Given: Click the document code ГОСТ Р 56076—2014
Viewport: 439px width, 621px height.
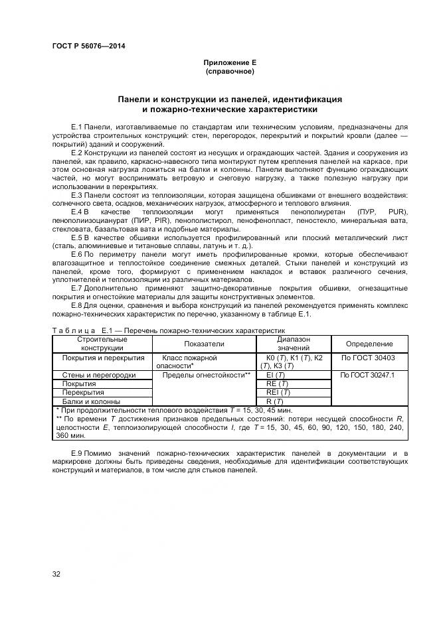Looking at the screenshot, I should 88,46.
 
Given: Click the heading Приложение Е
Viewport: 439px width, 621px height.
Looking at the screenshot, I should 230,62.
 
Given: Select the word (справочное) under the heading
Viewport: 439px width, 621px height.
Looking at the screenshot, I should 230,71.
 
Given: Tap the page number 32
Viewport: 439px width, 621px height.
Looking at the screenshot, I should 56,574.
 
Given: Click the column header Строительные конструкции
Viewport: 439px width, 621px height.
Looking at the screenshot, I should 102,344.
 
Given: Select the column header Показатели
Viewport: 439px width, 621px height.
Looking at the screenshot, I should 204,344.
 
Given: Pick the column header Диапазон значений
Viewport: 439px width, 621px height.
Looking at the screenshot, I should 293,344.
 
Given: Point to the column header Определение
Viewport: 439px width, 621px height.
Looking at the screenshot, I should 369,344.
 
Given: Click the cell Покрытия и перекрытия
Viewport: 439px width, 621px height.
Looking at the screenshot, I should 103,358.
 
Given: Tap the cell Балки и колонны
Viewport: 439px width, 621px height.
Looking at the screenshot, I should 91,401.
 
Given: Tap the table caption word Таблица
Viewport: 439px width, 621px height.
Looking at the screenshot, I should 74,330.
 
